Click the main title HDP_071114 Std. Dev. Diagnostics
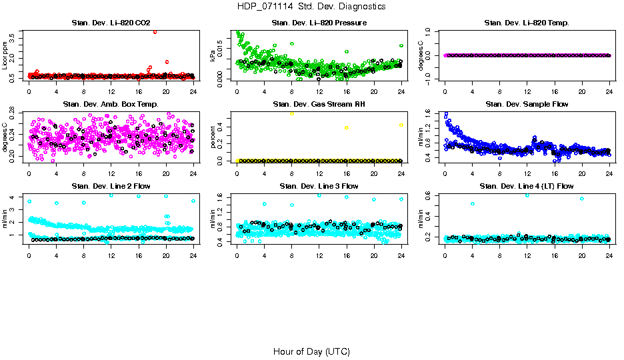(311, 6)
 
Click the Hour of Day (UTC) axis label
(311, 351)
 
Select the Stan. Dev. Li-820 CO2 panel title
(111, 23)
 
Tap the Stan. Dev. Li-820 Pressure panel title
(319, 23)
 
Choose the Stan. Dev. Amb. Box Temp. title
(111, 105)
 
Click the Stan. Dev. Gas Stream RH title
(319, 105)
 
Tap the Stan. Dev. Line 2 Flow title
(111, 186)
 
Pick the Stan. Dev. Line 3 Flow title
(319, 186)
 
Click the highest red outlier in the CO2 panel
(155, 31)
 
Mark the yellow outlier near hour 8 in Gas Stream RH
(292, 114)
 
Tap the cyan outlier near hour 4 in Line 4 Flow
(473, 203)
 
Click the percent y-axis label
(213, 137)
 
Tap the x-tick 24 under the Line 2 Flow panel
(193, 255)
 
